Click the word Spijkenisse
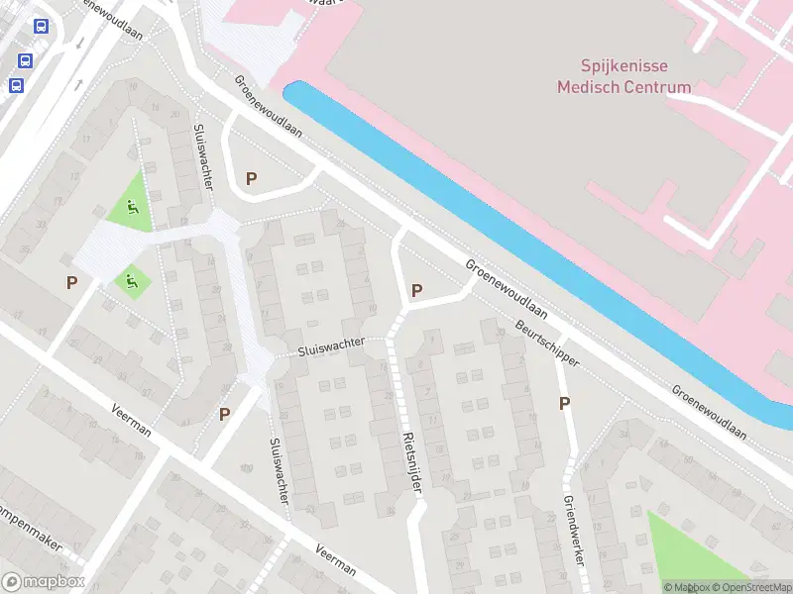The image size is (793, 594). point(624,67)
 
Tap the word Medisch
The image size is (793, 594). point(587,87)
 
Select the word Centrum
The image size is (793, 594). point(656,87)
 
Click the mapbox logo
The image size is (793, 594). point(43,581)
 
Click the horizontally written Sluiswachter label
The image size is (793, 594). point(331,347)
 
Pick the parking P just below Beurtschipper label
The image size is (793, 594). point(564,403)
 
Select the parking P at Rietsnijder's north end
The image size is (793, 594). point(416,290)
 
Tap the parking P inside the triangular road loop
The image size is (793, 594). point(251,178)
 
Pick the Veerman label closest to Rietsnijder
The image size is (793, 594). point(336,560)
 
